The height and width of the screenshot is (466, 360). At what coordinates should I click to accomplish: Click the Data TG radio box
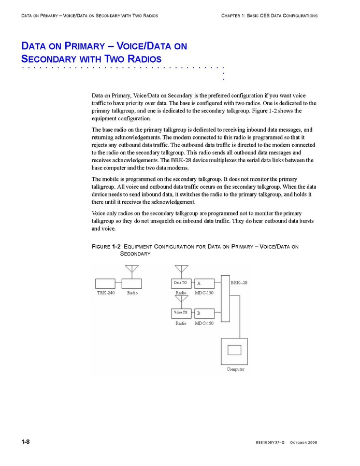[181, 283]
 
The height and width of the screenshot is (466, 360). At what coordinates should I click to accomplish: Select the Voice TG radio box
[181, 313]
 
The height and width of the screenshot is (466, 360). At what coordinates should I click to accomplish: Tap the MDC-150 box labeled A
[205, 284]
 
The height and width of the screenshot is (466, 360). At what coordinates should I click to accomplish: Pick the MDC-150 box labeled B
[205, 314]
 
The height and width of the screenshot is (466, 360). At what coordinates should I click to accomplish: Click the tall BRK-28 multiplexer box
[225, 298]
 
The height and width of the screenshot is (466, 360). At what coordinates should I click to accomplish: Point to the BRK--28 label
[239, 283]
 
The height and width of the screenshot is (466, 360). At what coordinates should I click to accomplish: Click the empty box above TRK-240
[105, 284]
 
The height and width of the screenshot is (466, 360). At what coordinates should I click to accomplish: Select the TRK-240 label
[106, 293]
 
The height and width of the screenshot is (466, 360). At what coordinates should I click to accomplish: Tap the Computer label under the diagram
[235, 369]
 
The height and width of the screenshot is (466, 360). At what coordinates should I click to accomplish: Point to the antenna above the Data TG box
[181, 270]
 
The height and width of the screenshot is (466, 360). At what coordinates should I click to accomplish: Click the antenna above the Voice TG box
[181, 300]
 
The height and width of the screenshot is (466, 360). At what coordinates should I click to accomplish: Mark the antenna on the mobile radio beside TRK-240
[132, 270]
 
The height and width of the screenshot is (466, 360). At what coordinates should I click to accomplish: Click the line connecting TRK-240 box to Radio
[119, 284]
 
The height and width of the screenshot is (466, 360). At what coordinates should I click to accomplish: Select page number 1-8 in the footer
[25, 442]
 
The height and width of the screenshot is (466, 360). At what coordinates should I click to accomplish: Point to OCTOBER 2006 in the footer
[304, 443]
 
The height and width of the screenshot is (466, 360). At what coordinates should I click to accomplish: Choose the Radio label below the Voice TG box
[181, 323]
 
